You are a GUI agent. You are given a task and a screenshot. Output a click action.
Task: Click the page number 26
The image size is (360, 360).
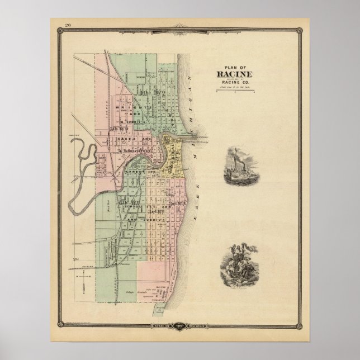68,25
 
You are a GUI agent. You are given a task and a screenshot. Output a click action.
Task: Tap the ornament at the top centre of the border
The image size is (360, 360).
180,24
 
